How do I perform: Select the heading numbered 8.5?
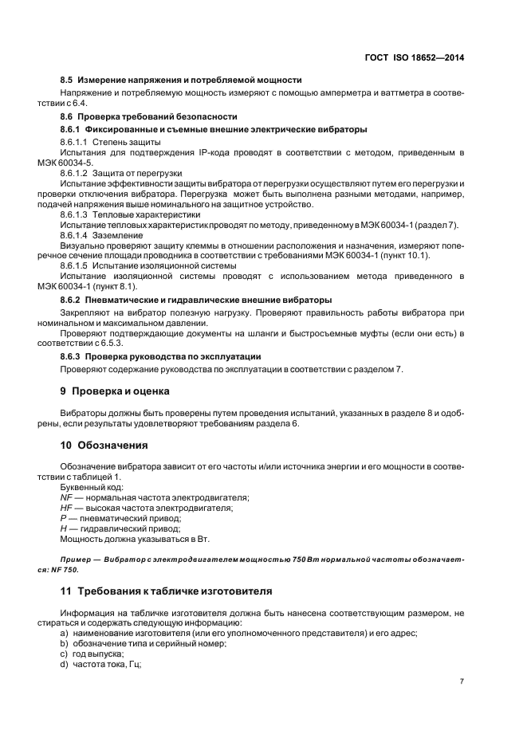point(181,80)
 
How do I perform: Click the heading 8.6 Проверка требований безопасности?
point(149,116)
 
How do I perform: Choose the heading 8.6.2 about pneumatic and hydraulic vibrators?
point(196,300)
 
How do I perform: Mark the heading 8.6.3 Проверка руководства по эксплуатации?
point(161,355)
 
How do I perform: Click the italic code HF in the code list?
point(67,507)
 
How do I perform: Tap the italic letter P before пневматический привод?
point(64,517)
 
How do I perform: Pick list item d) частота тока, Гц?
point(100,664)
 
